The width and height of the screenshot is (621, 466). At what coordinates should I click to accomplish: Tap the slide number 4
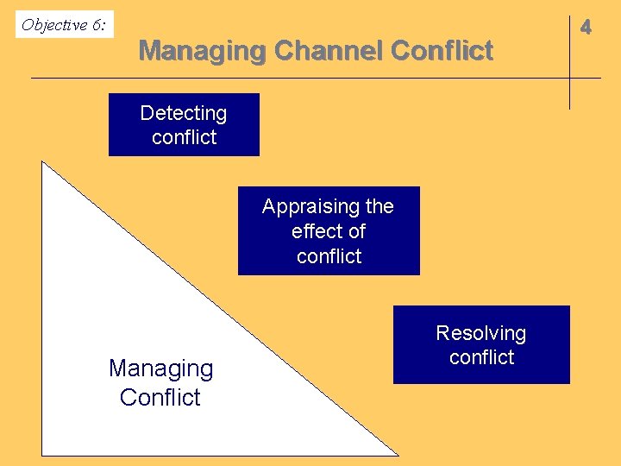[586, 28]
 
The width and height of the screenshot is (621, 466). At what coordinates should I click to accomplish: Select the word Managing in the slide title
[202, 51]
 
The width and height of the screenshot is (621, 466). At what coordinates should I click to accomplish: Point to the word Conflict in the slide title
[442, 51]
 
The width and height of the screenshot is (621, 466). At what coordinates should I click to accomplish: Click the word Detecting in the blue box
[183, 113]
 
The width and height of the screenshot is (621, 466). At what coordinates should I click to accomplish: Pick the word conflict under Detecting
[184, 137]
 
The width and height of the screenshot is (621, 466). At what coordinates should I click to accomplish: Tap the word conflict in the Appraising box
[329, 256]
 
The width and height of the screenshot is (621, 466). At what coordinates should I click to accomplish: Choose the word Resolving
[480, 333]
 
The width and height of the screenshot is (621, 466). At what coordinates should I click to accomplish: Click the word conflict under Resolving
[481, 357]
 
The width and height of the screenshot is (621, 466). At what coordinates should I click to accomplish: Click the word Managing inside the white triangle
[160, 368]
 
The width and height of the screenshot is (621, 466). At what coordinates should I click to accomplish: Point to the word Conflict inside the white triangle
[160, 397]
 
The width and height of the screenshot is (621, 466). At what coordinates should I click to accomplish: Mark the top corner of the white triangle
[43, 162]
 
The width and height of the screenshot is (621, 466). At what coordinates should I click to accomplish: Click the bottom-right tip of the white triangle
[398, 454]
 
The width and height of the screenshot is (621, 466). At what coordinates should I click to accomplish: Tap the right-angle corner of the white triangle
[43, 454]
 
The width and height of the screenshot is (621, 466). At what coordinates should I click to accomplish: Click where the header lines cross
[569, 79]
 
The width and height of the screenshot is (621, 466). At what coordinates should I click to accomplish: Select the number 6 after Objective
[97, 25]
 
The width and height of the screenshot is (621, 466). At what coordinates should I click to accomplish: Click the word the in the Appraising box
[379, 207]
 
